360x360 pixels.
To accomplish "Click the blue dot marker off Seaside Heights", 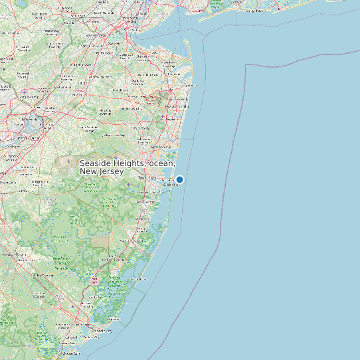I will pos(179,179).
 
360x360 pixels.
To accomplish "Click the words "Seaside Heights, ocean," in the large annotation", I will pos(128,163).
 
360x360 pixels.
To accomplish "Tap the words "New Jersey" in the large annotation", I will pos(102,172).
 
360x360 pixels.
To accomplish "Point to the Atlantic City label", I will pos(102,330).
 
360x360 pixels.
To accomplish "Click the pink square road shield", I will pos(95,281).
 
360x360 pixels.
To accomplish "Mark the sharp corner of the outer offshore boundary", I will pos(246,65).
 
